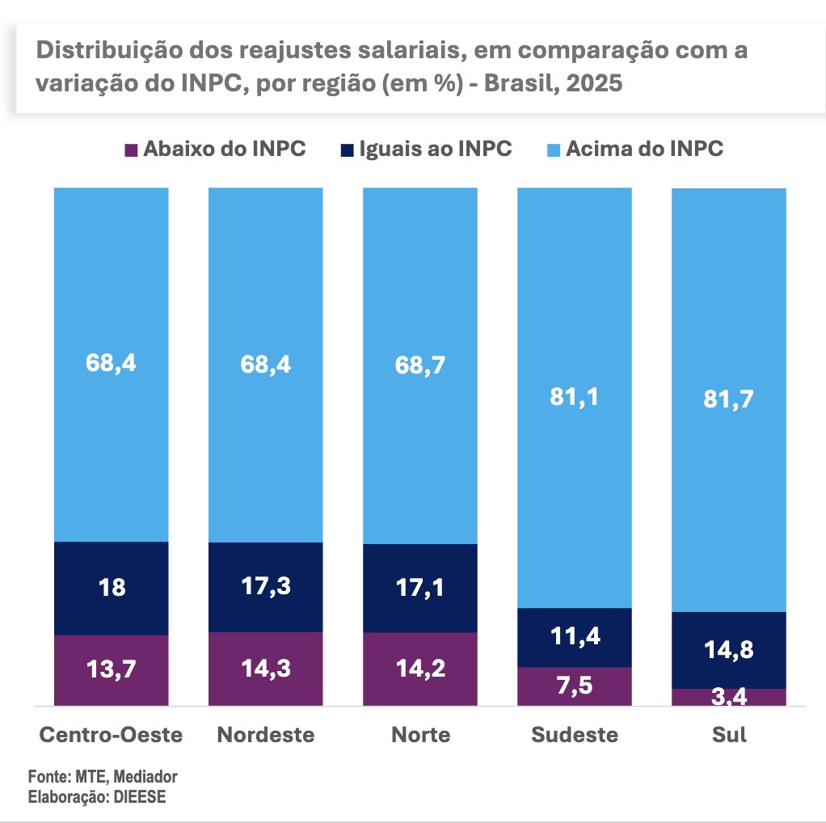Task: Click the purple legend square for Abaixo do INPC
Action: pyautogui.click(x=130, y=150)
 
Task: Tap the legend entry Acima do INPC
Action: pyautogui.click(x=643, y=150)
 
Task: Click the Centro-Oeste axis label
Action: pyautogui.click(x=112, y=735)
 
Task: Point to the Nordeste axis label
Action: pyautogui.click(x=266, y=735)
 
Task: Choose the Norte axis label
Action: pyautogui.click(x=420, y=735)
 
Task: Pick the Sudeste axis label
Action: pyautogui.click(x=575, y=735)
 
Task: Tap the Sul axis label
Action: pyautogui.click(x=729, y=735)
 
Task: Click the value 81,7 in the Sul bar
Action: pyautogui.click(x=729, y=399)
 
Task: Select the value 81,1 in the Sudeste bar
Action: pyautogui.click(x=575, y=397)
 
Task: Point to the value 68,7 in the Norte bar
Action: pyautogui.click(x=420, y=364)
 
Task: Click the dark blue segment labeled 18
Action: pyautogui.click(x=112, y=588)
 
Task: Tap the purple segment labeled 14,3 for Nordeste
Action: pyautogui.click(x=266, y=669)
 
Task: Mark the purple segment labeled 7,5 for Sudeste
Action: pyautogui.click(x=575, y=686)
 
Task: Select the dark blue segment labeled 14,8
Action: pyautogui.click(x=729, y=649)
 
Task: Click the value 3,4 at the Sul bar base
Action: pyautogui.click(x=729, y=698)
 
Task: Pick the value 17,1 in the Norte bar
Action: pyautogui.click(x=420, y=588)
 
